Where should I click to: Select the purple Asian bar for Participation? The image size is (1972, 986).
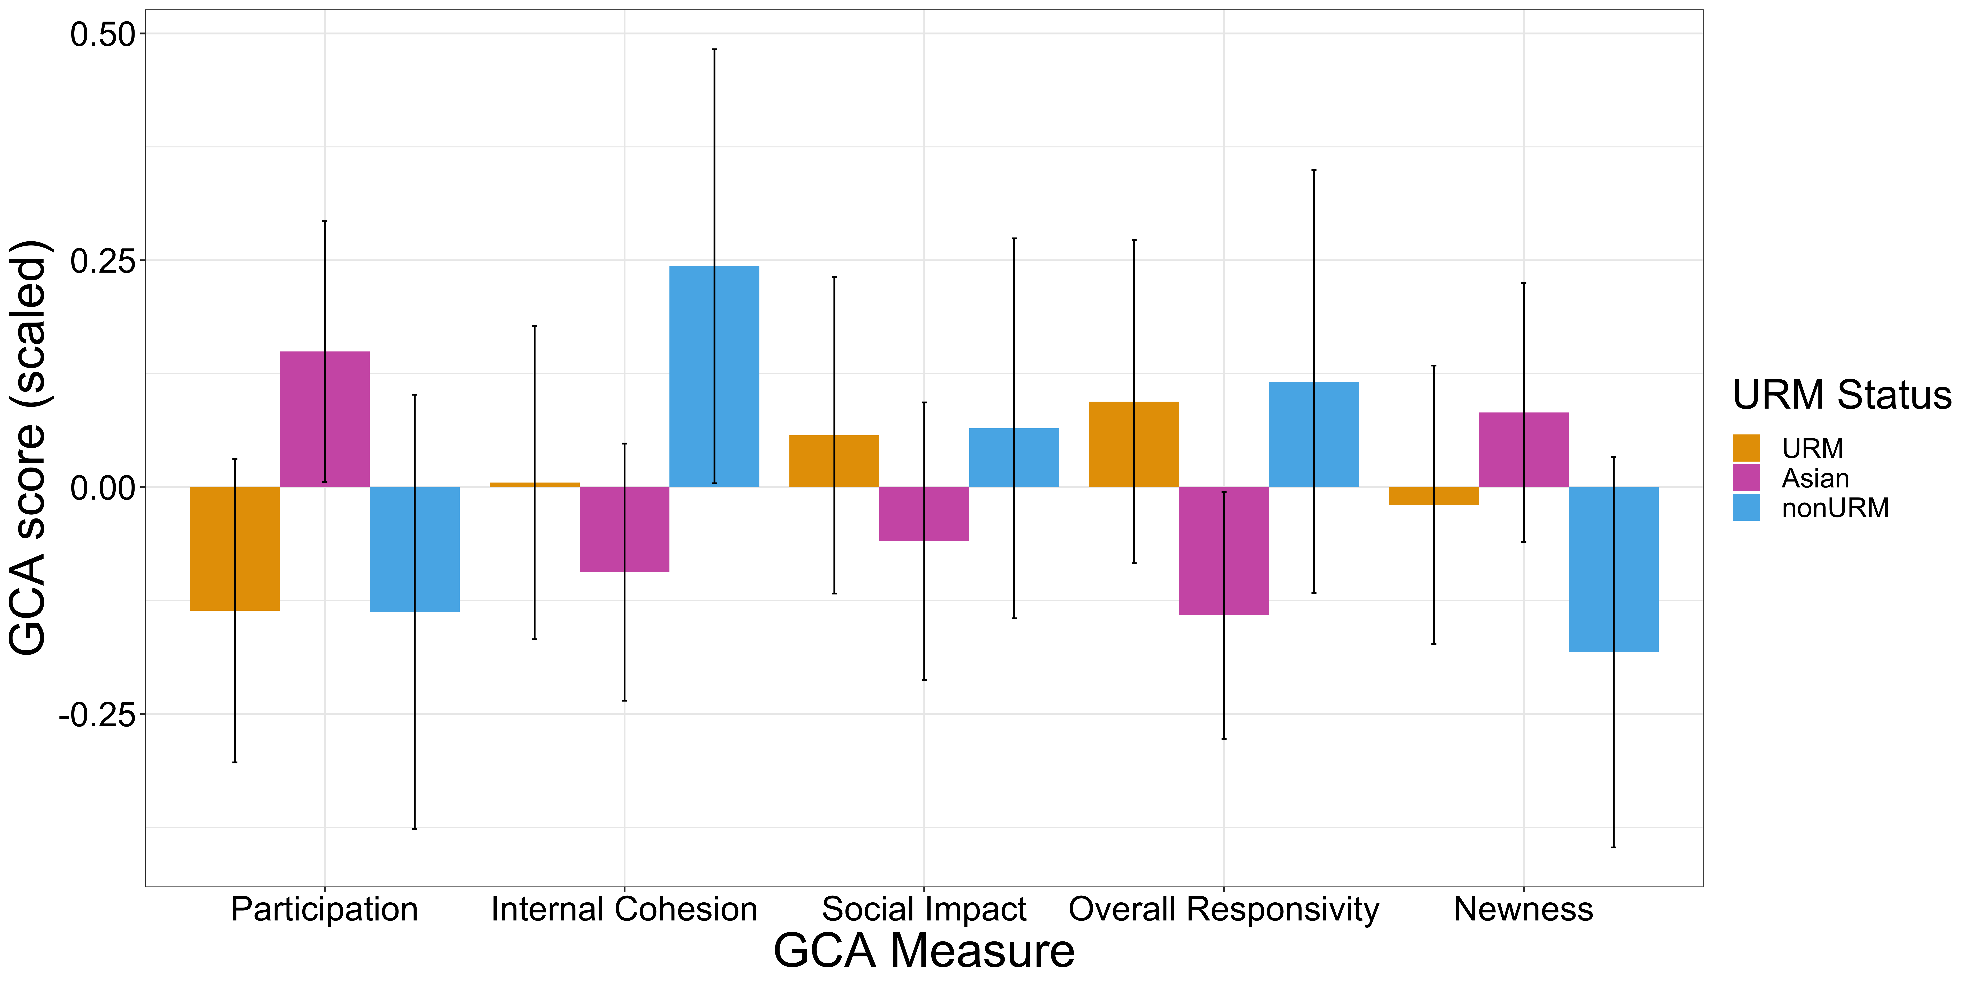coord(325,419)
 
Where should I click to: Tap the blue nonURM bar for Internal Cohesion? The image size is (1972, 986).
coord(714,377)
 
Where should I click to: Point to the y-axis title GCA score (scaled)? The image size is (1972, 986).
coord(29,448)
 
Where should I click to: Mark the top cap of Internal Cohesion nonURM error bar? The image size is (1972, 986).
coord(714,50)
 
